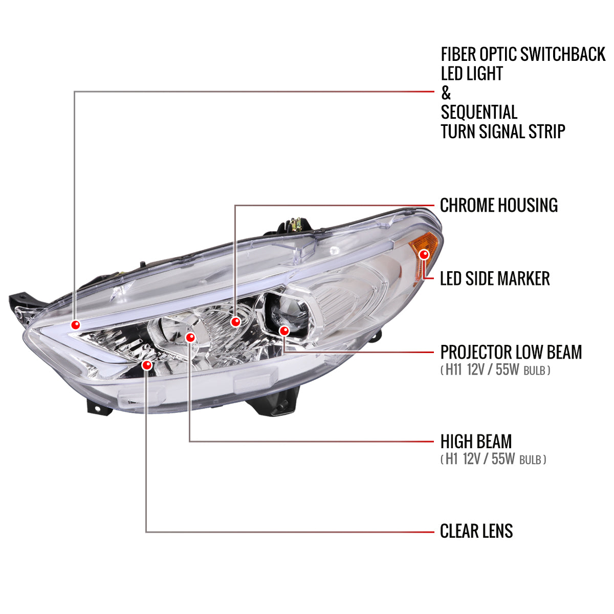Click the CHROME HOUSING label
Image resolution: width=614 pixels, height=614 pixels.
point(498,205)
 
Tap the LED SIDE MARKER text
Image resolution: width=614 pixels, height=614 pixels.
point(494,279)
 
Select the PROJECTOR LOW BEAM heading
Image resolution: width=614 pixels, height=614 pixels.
point(511,352)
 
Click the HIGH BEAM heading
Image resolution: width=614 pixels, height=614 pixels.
point(475,442)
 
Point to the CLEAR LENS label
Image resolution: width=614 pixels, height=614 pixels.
point(476,531)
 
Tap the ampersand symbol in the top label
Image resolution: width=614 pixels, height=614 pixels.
point(446,93)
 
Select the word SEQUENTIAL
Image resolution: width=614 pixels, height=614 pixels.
point(479,113)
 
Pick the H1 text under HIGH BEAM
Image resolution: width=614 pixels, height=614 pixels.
point(451,459)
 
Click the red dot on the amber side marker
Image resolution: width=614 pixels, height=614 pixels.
point(424,254)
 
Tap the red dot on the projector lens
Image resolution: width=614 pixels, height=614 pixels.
point(284,331)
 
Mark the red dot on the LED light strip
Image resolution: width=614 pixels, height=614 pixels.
point(76,324)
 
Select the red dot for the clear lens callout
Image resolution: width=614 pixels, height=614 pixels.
point(147,365)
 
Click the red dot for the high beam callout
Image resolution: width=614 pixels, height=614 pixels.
point(190,337)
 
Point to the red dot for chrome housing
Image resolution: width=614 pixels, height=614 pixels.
point(235,321)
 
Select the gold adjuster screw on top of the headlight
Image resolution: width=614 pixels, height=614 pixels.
point(294,224)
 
